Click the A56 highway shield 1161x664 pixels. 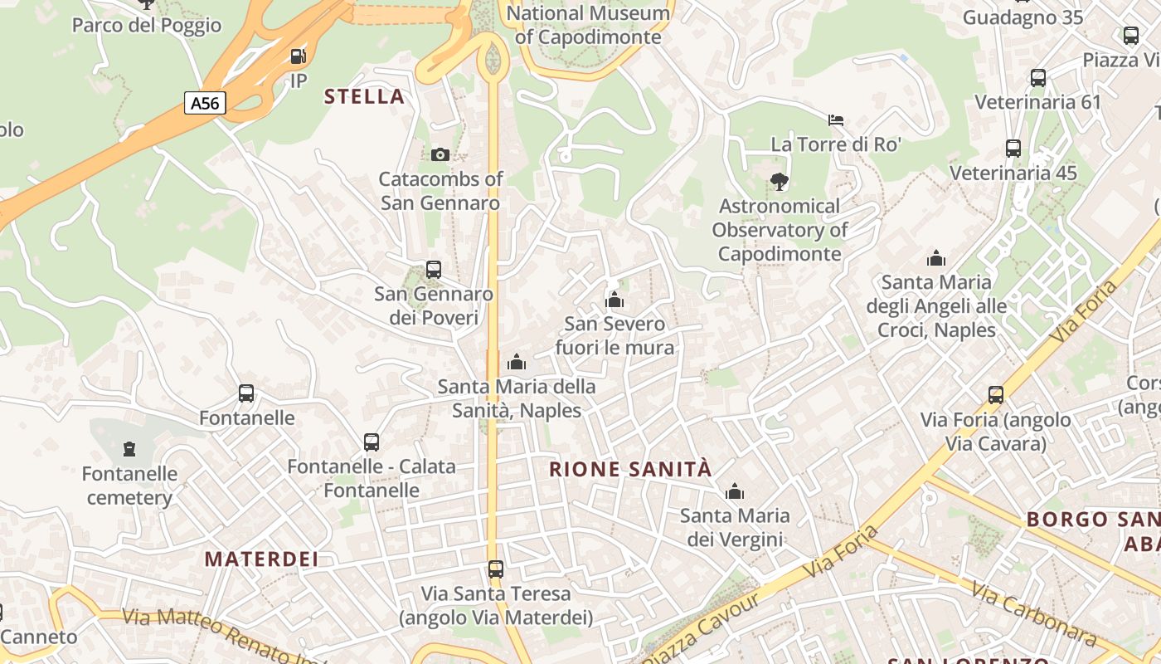(204, 103)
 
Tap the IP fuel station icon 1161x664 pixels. (298, 56)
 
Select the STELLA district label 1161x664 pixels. (364, 96)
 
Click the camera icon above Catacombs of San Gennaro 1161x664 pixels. (440, 154)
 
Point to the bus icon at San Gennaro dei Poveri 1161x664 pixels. (433, 269)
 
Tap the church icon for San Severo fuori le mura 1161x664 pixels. (615, 299)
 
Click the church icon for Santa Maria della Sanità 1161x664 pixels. (517, 362)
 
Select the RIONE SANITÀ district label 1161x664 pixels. (630, 469)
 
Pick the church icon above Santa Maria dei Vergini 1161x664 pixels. (734, 491)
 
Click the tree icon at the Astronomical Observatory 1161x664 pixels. (779, 181)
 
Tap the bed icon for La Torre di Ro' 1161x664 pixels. (836, 120)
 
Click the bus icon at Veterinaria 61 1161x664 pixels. (1037, 78)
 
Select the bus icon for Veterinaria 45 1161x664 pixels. (1013, 149)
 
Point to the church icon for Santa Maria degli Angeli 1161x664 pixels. (936, 258)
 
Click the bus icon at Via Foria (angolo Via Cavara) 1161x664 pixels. (995, 395)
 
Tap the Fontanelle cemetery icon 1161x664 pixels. (129, 449)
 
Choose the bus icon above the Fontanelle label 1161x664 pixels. (245, 393)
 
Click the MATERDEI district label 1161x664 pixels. (261, 559)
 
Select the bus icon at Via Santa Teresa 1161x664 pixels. (495, 569)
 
